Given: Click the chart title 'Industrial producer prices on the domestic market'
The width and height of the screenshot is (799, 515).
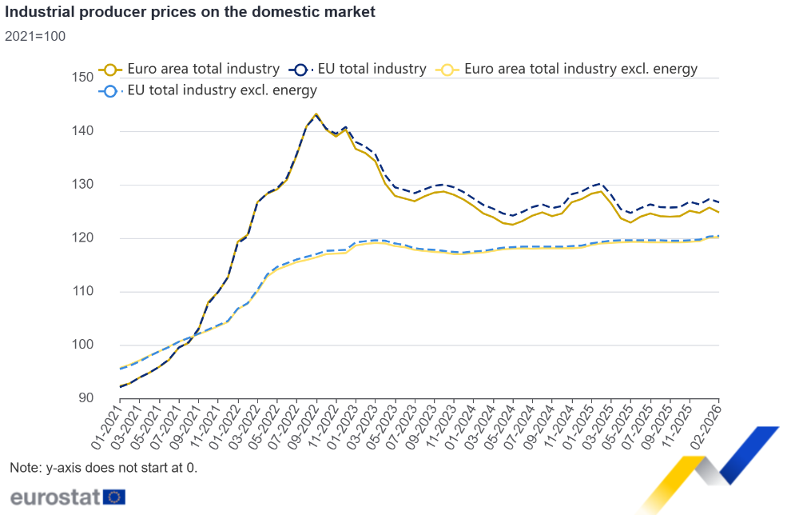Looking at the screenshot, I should click(189, 12).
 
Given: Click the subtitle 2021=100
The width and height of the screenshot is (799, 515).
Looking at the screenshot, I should click(35, 36).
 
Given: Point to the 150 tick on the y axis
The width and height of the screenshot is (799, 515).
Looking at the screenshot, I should click(82, 78).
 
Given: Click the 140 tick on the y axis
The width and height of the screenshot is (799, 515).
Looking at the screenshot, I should click(82, 131).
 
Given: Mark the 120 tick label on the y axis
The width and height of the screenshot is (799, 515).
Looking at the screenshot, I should click(82, 238).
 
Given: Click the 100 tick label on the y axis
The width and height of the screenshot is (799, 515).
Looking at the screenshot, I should click(82, 345).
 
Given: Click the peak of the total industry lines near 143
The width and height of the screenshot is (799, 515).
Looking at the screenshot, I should click(316, 114).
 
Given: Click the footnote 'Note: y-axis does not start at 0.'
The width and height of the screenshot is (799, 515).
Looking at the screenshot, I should click(103, 468).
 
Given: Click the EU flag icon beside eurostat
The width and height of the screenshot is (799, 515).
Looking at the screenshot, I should click(115, 497).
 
